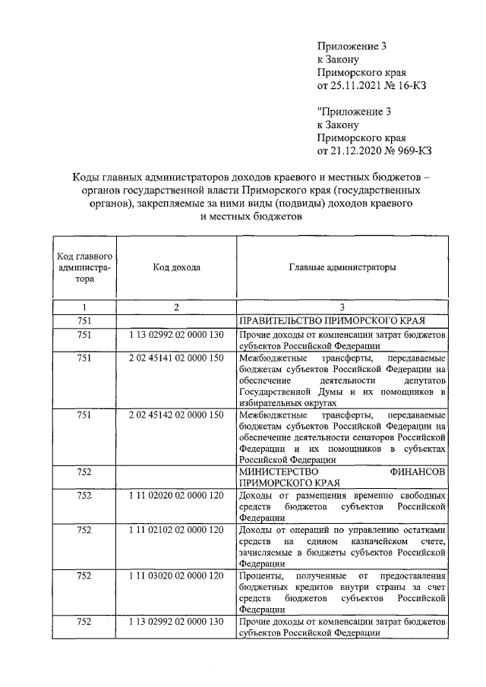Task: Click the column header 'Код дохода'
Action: pos(176,267)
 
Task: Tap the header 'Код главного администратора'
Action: pos(85,267)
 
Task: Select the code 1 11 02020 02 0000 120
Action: pos(176,495)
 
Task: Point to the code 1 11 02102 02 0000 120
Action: pos(176,529)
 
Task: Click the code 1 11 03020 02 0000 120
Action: pos(176,575)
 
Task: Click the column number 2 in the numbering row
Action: pos(176,307)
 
